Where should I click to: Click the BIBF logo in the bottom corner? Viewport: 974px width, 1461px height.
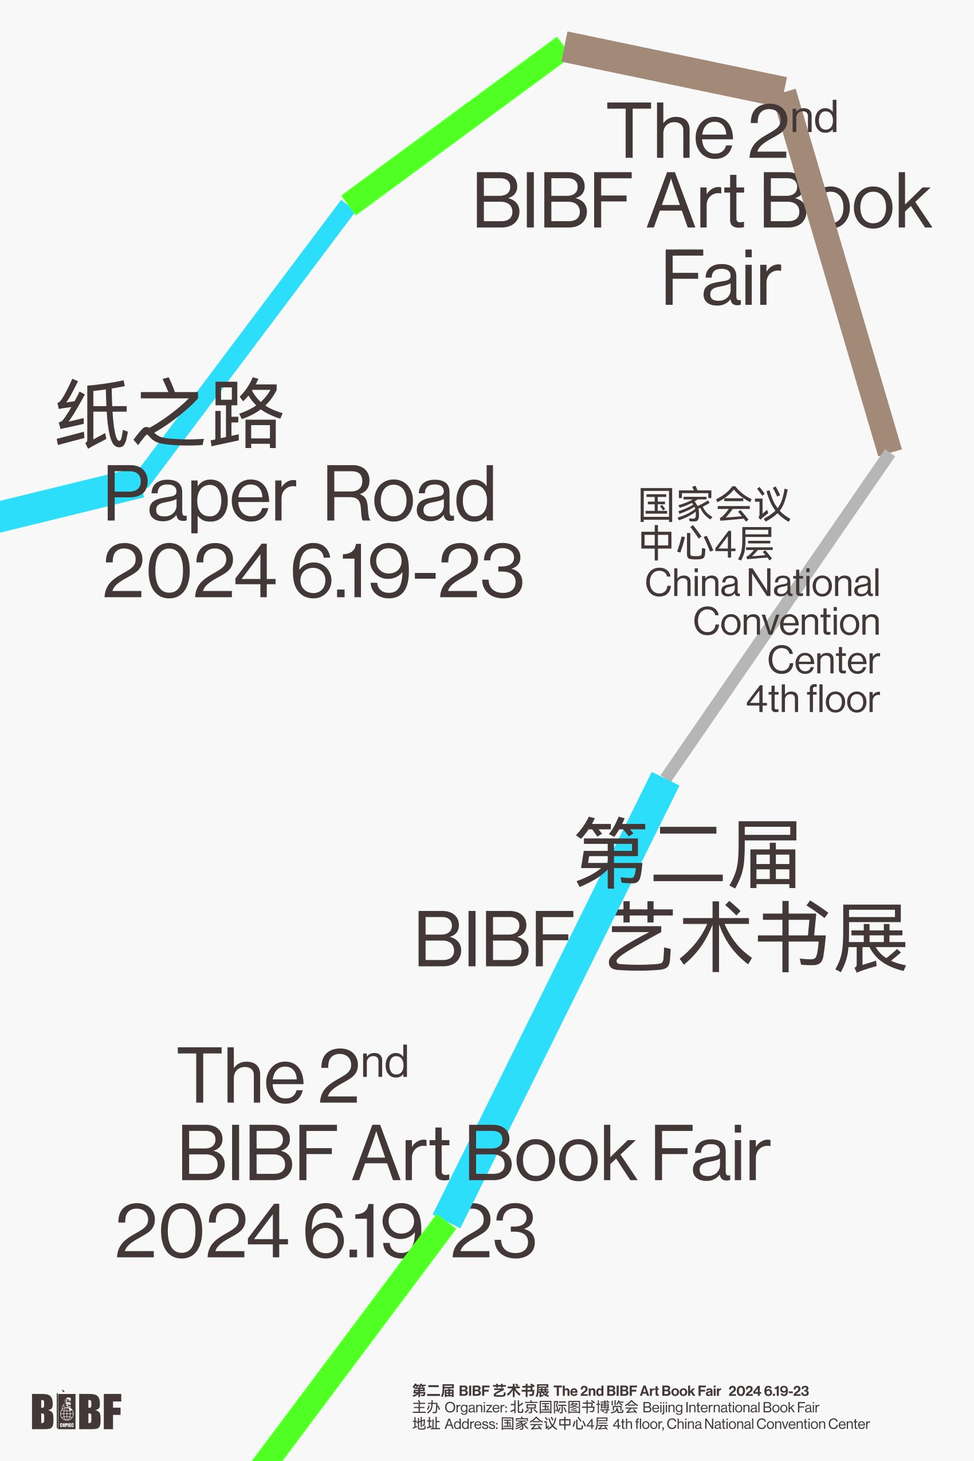pos(76,1411)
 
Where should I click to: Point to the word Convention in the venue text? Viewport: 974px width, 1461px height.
pos(786,622)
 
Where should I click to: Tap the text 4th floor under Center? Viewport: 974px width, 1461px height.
pos(812,700)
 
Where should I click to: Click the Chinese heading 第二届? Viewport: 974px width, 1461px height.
pos(687,855)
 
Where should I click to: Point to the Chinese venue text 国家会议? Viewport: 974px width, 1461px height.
pos(714,504)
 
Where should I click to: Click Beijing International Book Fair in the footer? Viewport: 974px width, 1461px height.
pos(731,1407)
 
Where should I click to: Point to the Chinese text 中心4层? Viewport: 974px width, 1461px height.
pos(706,544)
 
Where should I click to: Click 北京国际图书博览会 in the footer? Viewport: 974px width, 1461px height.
pos(574,1407)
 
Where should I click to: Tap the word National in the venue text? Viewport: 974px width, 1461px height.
pos(813,583)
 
